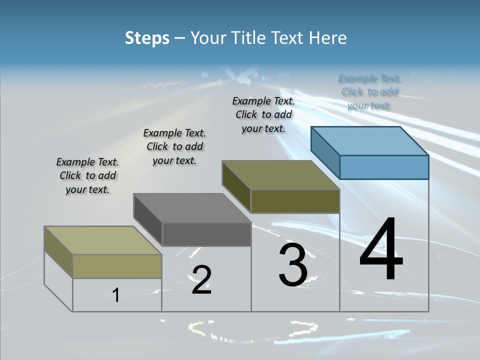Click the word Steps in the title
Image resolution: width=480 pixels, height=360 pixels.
pyautogui.click(x=147, y=38)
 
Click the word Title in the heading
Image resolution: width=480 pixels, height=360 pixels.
pyautogui.click(x=250, y=38)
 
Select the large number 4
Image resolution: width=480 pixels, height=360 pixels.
pyautogui.click(x=381, y=250)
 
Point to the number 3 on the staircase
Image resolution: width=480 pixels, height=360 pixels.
pyautogui.click(x=292, y=265)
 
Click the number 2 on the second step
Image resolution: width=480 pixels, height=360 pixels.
pyautogui.click(x=201, y=280)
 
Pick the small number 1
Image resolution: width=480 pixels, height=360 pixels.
pyautogui.click(x=116, y=295)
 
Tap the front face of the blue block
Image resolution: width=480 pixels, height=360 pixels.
pyautogui.click(x=384, y=167)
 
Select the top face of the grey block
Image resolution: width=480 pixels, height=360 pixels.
pyautogui.click(x=192, y=208)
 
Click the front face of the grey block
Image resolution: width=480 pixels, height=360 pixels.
pyautogui.click(x=206, y=234)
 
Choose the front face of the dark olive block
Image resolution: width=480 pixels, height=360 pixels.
pyautogui.click(x=295, y=201)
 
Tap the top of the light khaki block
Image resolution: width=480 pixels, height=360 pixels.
pyautogui.click(x=103, y=240)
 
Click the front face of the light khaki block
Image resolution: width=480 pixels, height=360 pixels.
pyautogui.click(x=117, y=266)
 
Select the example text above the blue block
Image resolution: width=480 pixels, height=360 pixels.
pyautogui.click(x=369, y=92)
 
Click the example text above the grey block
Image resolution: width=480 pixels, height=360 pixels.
pyautogui.click(x=174, y=146)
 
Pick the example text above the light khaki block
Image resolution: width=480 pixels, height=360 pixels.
pyautogui.click(x=87, y=175)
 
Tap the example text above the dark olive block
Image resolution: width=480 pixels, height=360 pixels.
pyautogui.click(x=263, y=114)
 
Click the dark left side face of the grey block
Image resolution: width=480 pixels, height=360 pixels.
pyautogui.click(x=147, y=219)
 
